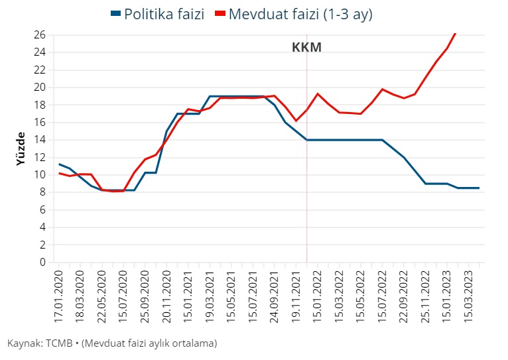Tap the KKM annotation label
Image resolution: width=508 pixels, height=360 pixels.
pyautogui.click(x=306, y=48)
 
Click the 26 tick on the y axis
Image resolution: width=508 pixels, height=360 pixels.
pyautogui.click(x=39, y=34)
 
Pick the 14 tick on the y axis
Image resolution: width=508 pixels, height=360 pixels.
pyautogui.click(x=39, y=139)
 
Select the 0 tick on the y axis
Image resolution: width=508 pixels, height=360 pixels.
pyautogui.click(x=42, y=262)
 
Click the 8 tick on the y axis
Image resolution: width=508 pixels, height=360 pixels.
pyautogui.click(x=42, y=192)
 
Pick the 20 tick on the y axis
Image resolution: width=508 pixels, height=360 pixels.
pyautogui.click(x=39, y=87)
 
